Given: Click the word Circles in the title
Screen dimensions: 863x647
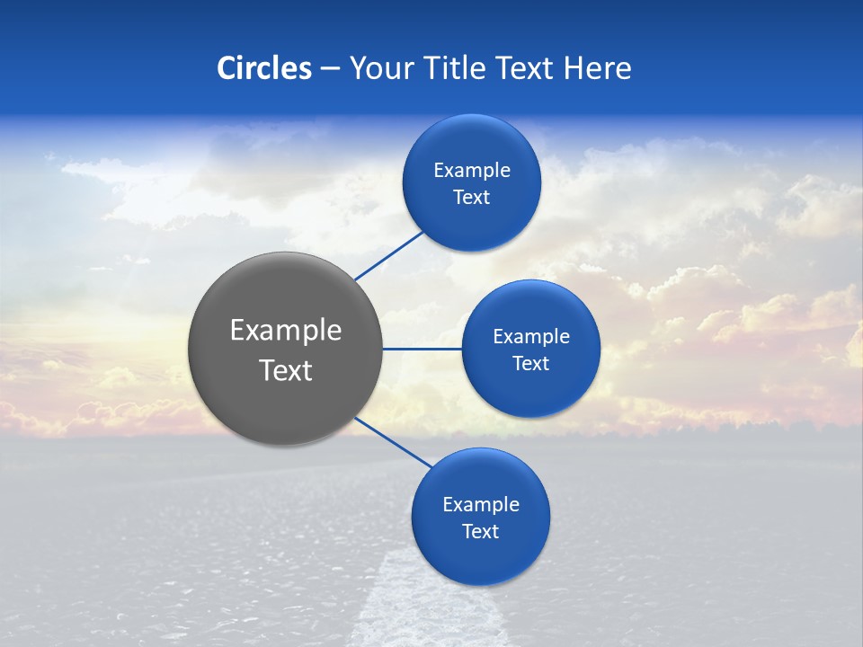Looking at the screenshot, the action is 264,68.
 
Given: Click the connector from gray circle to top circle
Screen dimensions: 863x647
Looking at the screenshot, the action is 390,253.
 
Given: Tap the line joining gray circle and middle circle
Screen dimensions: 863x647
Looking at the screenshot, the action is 423,349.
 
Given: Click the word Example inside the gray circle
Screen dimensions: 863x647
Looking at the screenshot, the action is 286,331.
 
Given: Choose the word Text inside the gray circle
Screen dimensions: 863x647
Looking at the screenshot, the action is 286,370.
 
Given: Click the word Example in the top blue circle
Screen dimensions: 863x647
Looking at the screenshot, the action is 472,171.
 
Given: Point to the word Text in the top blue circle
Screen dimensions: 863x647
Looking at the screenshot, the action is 471,198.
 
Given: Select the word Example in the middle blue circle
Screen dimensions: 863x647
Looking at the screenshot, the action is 531,337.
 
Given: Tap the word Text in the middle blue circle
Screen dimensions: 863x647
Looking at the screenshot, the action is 530,363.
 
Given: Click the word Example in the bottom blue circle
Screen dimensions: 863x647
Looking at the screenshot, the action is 481,505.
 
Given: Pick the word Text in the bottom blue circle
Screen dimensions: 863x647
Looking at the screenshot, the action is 480,532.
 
